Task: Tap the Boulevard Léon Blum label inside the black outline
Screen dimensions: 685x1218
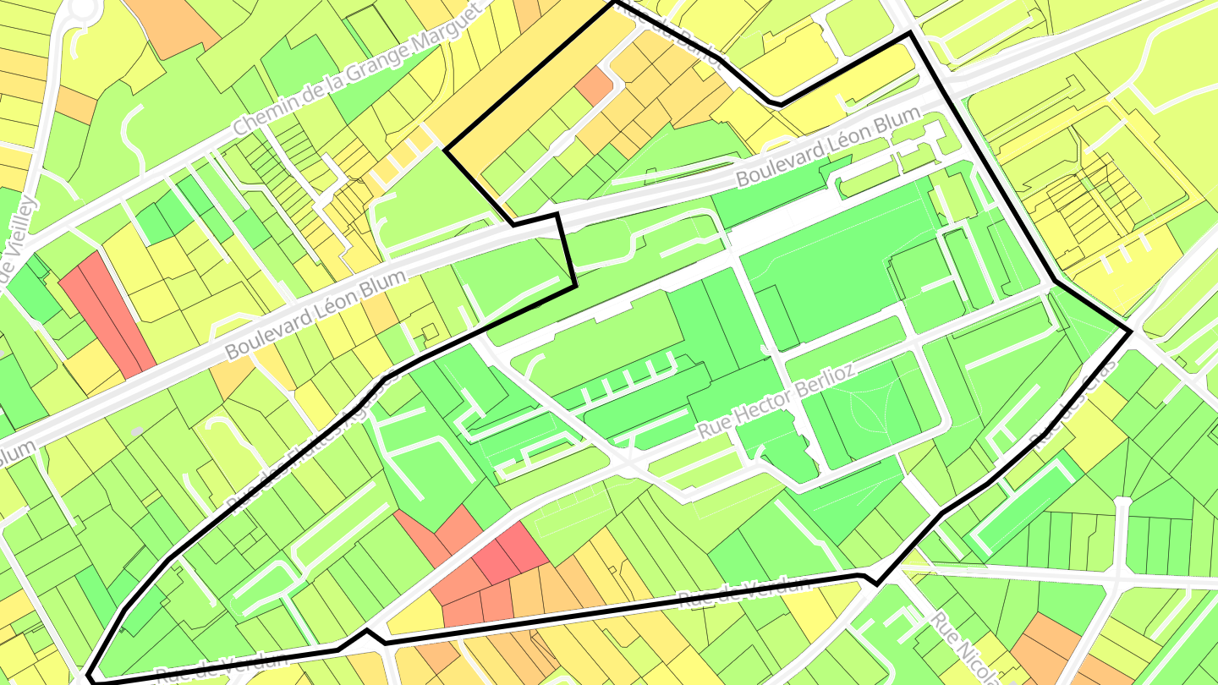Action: click(x=826, y=150)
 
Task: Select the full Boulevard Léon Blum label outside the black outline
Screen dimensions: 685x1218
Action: click(x=315, y=315)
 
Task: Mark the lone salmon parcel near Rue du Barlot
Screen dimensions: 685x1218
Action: click(x=595, y=85)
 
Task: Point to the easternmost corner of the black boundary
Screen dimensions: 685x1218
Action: click(x=1131, y=330)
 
